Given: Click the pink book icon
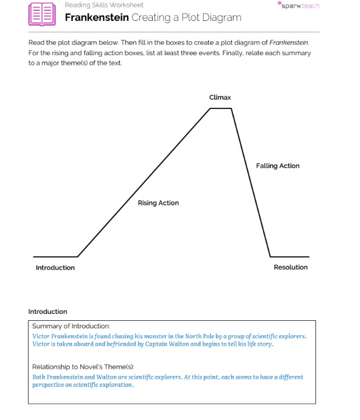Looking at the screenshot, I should (42, 13).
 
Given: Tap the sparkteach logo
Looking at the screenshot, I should (299, 6).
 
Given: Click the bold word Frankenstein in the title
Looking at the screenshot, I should (96, 17).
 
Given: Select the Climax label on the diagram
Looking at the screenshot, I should (220, 97).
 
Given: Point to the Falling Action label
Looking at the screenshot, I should (278, 166).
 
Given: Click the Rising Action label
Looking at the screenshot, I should (158, 203).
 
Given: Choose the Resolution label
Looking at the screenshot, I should (290, 267).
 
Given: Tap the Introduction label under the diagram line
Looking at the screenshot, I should (55, 267).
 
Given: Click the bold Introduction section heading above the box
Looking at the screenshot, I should (48, 312).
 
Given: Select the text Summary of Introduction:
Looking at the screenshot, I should (71, 327).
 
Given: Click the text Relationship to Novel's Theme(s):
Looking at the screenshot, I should (83, 367).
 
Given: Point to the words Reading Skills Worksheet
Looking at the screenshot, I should (104, 5).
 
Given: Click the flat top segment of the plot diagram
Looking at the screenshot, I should (221, 108).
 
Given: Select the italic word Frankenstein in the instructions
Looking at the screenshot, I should (289, 43).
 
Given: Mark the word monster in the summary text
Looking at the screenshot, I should (156, 336).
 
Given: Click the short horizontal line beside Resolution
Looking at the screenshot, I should (290, 256).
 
